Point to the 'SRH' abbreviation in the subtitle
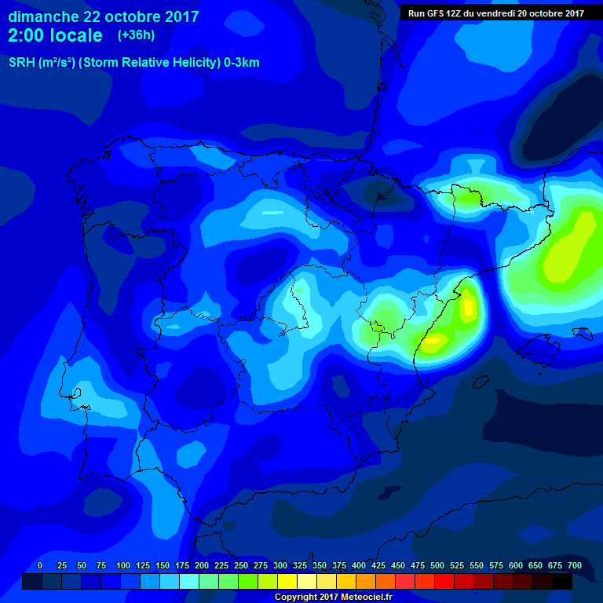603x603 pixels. (x=22, y=63)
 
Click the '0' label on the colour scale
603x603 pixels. (x=40, y=565)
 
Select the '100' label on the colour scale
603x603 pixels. (x=123, y=565)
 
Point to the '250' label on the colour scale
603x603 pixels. (x=241, y=565)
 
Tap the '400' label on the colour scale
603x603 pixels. (x=359, y=565)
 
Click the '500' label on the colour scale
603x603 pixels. (x=437, y=565)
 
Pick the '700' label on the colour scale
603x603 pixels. (x=575, y=565)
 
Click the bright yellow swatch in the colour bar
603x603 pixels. (x=287, y=581)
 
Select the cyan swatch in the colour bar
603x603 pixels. (x=189, y=581)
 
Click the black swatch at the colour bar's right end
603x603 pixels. (x=562, y=581)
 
